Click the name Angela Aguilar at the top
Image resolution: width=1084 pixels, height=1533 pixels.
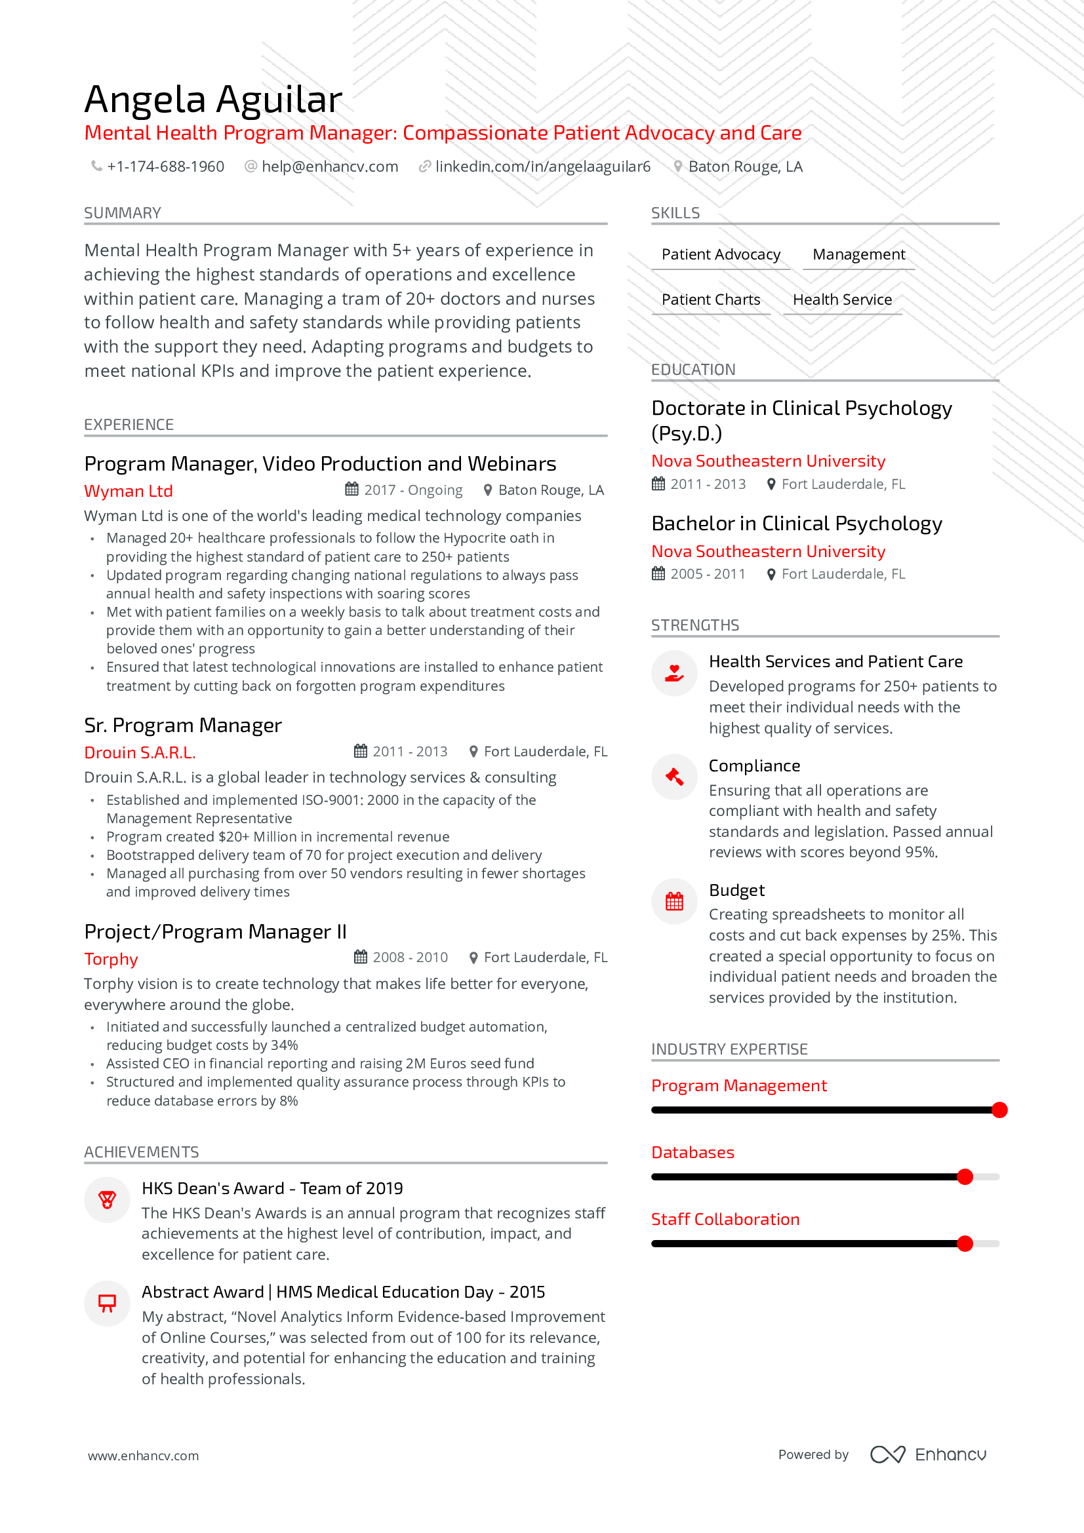coord(213,99)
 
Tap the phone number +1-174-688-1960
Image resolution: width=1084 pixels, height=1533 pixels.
coord(165,166)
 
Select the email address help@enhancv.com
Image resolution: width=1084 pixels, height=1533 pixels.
coord(329,166)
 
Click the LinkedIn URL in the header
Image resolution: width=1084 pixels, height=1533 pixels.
coord(542,166)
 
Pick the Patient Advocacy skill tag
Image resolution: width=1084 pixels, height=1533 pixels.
coord(721,254)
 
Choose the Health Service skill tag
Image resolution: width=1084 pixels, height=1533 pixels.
coord(841,300)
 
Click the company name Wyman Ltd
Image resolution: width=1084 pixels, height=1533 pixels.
coord(129,491)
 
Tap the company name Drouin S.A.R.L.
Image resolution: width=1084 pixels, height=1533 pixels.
coord(140,752)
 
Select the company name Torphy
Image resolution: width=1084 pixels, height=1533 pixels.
coord(111,959)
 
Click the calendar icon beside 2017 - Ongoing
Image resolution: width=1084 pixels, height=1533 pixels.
coord(351,490)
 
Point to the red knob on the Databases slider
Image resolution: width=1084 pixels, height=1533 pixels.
coord(965,1176)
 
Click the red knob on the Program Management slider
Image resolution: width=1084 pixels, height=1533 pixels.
coord(999,1110)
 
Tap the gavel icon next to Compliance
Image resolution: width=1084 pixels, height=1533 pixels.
coord(675,777)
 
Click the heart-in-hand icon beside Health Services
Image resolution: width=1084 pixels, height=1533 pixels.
coord(675,673)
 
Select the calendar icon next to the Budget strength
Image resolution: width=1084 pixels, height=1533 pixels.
coord(675,901)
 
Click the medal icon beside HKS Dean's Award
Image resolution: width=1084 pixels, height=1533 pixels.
coord(107,1200)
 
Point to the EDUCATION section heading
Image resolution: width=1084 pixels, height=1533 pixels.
coord(693,369)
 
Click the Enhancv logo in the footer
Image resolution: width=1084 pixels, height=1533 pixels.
coord(928,1454)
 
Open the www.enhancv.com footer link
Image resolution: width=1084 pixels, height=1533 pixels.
coord(143,1456)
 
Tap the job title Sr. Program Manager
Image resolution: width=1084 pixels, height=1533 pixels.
coord(183,725)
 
